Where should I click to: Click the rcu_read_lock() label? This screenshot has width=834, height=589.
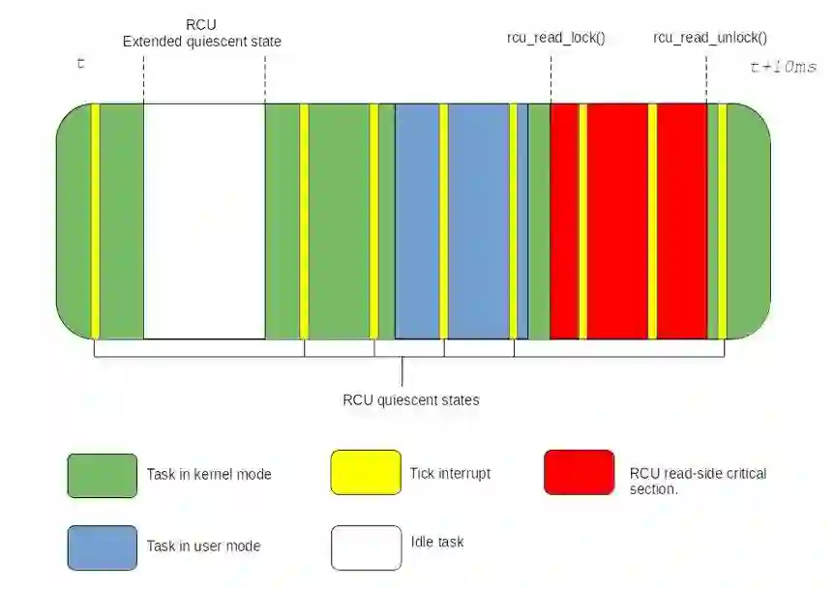coord(555,38)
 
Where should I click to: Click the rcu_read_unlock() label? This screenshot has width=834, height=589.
coord(710,38)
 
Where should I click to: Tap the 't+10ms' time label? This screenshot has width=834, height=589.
coord(783,67)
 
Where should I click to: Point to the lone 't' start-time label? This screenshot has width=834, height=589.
coord(80,64)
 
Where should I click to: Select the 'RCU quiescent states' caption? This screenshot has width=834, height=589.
coord(411,399)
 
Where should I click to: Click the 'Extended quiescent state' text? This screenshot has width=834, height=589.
coord(202,42)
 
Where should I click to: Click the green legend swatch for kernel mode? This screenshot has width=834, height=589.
coord(102,475)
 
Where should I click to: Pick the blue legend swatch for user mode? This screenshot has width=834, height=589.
coord(102,547)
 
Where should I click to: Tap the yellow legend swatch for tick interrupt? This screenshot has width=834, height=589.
coord(366,472)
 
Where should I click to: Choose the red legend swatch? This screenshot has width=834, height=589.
coord(579,472)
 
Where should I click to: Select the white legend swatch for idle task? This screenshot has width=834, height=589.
coord(366,547)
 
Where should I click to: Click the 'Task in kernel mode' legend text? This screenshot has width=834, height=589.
coord(209,474)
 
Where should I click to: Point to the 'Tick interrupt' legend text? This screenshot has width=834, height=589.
coord(451,473)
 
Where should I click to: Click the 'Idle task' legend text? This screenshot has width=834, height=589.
coord(437,542)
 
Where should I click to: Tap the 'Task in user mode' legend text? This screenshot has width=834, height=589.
coord(203,545)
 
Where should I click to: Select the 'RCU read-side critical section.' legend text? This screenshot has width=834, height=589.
coord(698,481)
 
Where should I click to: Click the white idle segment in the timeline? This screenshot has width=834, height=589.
coord(204,221)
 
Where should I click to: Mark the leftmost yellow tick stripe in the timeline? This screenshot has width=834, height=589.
coord(96,221)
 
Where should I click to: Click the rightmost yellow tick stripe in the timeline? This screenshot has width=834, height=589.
coord(722,221)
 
